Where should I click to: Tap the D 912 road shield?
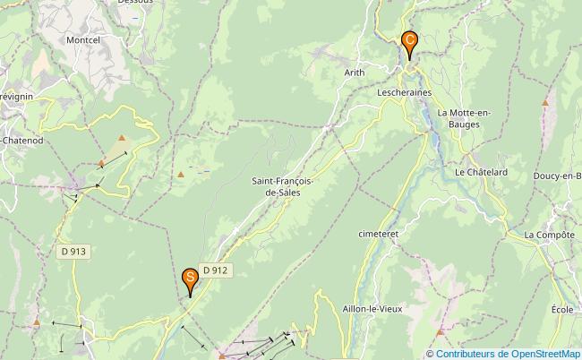pyautogui.click(x=216, y=270)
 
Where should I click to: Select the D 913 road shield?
pyautogui.click(x=74, y=252)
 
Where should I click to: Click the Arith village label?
pyautogui.click(x=355, y=73)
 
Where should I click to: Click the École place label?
pyautogui.click(x=562, y=309)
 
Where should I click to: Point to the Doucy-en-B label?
pyautogui.click(x=556, y=176)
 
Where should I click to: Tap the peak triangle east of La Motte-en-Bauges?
pyautogui.click(x=545, y=103)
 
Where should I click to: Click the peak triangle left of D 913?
pyautogui.click(x=37, y=321)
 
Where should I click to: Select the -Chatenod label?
pyautogui.click(x=22, y=141)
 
